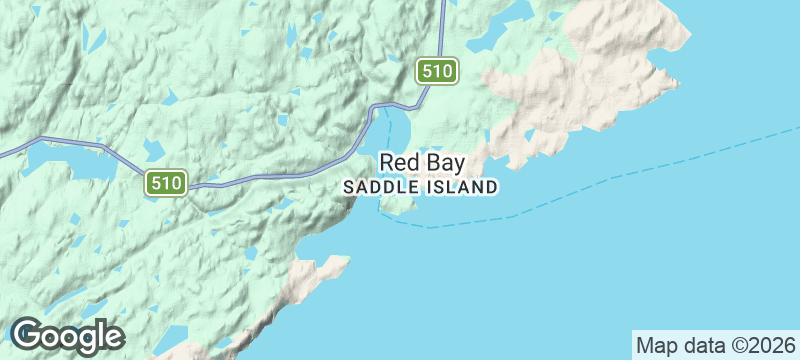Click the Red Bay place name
click(421, 163)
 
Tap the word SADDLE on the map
click(376, 187)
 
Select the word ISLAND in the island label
click(457, 187)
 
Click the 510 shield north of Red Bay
click(438, 71)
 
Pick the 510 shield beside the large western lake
click(165, 182)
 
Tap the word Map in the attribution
click(656, 345)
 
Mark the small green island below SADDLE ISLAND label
click(400, 205)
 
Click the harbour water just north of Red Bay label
click(398, 130)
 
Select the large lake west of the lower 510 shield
click(65, 160)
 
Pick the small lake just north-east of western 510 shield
click(154, 150)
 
